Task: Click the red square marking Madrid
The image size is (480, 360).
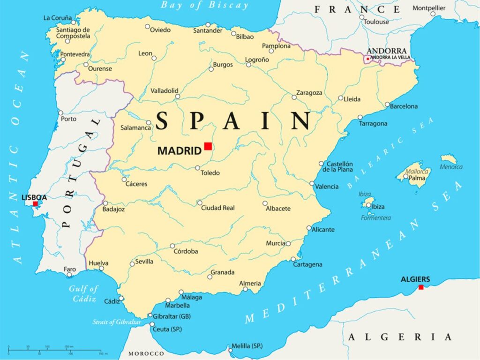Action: point(208,146)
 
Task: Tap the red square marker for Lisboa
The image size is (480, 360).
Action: point(35,204)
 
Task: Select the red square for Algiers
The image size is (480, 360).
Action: point(421,287)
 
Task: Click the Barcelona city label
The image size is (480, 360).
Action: point(404,106)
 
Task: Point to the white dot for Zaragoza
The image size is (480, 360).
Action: point(294,97)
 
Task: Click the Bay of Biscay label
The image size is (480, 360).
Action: point(204,6)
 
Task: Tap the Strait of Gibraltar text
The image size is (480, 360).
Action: point(116,322)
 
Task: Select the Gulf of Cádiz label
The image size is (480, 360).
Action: point(83,293)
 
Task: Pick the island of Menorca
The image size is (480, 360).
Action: point(449,159)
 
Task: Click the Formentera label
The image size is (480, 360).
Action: point(375,217)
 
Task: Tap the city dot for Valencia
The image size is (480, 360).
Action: point(312,183)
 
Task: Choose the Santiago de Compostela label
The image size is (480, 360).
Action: point(73,33)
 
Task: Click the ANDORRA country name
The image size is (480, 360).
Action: point(386,51)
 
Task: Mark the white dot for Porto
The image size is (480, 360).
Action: point(60,113)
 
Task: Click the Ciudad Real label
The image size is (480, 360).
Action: point(218,208)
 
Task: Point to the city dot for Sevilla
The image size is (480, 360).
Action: point(132,264)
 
